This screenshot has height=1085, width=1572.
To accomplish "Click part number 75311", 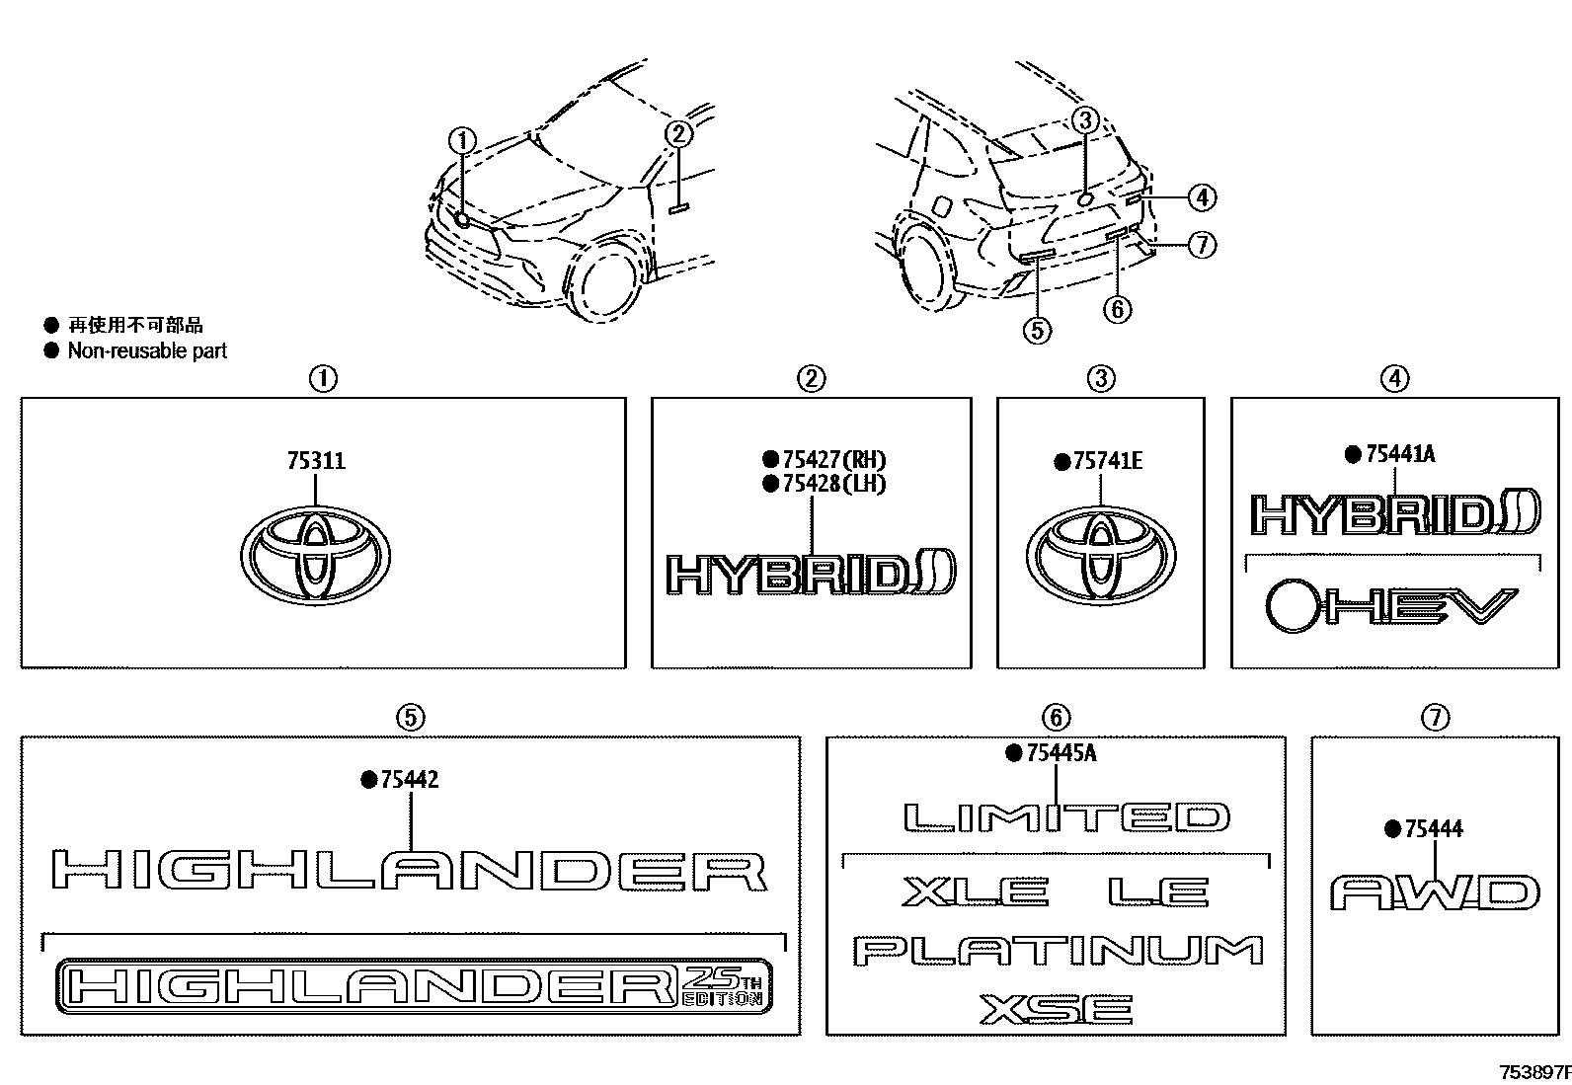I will coord(316,461).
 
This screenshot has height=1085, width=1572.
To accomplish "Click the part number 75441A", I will coord(1400,454).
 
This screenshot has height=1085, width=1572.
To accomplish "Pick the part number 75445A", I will coord(1061,753).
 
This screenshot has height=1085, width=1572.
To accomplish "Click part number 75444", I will coord(1435,829).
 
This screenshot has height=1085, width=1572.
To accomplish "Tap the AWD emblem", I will coord(1435,893).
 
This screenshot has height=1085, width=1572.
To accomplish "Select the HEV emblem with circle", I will coord(1391,607).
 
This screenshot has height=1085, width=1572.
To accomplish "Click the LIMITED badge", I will coord(1066,817).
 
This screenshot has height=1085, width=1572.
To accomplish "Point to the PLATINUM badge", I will coord(1058,951).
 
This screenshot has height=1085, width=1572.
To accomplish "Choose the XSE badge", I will coord(1057,1009).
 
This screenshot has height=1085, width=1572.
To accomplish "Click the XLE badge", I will coord(975,893).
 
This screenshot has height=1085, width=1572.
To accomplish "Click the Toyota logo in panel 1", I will coord(315,556).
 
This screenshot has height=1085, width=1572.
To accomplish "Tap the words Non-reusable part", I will coord(147,350).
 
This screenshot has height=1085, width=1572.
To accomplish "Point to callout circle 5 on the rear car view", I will coord(1037,330).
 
